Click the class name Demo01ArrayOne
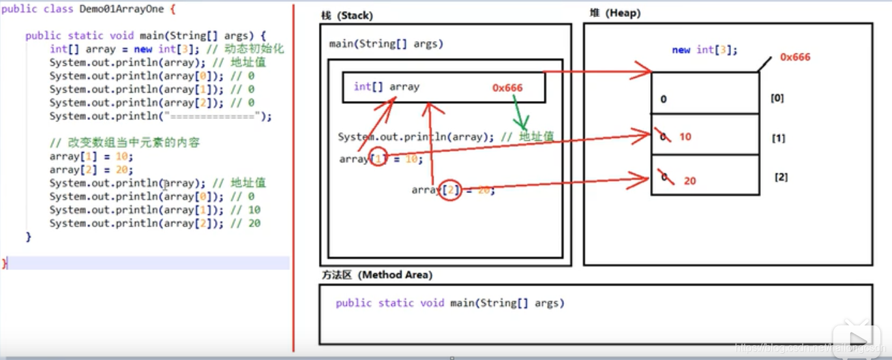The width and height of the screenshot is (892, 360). click(122, 10)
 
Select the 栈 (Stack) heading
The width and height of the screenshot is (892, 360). click(347, 16)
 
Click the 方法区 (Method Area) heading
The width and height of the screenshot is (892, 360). click(376, 275)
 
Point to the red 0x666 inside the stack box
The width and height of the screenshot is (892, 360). click(507, 88)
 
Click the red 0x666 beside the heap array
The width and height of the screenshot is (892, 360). click(795, 57)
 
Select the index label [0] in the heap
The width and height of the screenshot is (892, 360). click(777, 98)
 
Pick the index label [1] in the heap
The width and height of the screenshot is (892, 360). click(778, 139)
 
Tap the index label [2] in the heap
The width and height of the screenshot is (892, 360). click(780, 177)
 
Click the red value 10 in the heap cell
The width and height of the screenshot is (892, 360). click(685, 137)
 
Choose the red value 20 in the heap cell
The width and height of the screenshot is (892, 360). click(690, 181)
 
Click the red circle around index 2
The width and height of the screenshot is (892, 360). click(449, 189)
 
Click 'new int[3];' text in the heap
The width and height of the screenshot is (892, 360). click(705, 50)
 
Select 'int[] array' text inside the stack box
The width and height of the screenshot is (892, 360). click(386, 87)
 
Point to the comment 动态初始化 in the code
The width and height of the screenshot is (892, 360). click(255, 50)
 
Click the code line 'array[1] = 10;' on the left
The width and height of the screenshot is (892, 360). click(91, 157)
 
